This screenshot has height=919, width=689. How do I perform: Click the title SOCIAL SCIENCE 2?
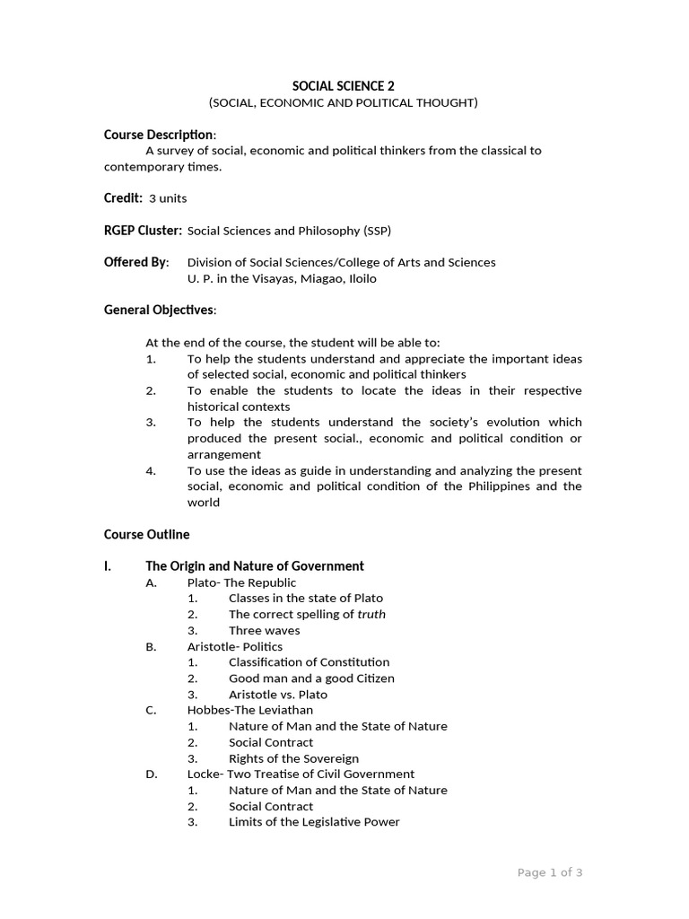tap(344, 86)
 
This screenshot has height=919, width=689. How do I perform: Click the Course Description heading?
tap(159, 135)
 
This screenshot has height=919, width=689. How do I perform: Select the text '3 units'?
tap(168, 198)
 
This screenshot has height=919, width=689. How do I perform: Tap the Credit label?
tap(123, 197)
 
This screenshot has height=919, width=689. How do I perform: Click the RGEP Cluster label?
tap(143, 231)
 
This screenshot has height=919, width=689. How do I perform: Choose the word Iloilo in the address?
tap(358, 278)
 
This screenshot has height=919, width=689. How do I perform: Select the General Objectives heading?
tap(159, 310)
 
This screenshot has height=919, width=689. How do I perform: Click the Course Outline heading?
tap(146, 534)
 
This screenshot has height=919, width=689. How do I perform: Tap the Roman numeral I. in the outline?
tap(109, 566)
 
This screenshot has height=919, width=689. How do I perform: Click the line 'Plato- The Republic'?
tap(241, 582)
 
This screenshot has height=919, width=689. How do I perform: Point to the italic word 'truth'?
tap(371, 615)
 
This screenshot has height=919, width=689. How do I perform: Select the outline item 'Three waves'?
tap(265, 630)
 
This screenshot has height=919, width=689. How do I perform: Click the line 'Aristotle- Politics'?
tap(234, 646)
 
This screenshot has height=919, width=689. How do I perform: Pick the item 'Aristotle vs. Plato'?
tap(278, 694)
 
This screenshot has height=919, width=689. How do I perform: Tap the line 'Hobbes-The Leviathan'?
tap(250, 710)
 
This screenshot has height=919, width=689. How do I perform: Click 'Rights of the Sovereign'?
tap(293, 758)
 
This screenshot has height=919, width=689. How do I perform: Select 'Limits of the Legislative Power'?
tap(314, 822)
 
